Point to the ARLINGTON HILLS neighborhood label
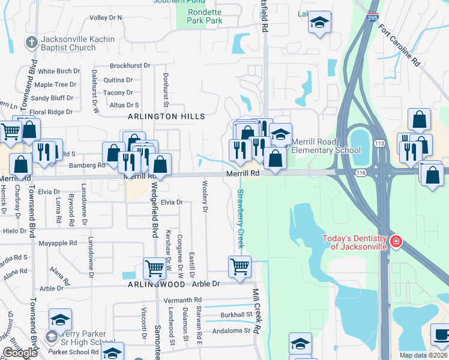[x=165, y=116]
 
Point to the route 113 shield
[x=380, y=144]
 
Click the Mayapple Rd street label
[x=58, y=244]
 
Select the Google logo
[x=20, y=353]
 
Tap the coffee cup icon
[x=440, y=335]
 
